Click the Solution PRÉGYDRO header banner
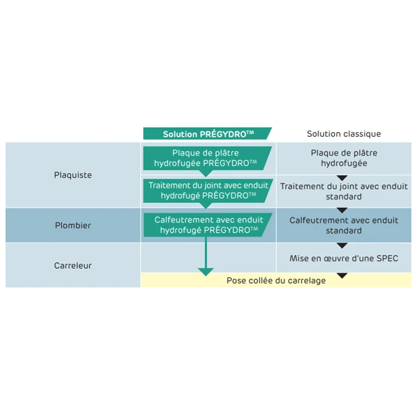[207, 134]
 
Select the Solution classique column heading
[344, 134]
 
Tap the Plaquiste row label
[73, 175]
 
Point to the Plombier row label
[73, 226]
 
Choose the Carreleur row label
[73, 265]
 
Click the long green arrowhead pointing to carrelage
[206, 270]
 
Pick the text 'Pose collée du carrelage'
[276, 281]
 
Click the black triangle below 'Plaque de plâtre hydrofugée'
[342, 178]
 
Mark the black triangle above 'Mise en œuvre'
[342, 245]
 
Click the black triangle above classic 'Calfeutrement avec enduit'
[342, 211]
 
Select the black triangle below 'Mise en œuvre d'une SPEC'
[342, 275]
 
